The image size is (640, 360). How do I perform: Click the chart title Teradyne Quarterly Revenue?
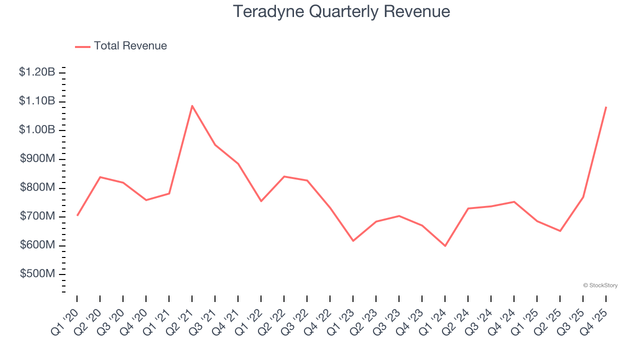click(x=341, y=11)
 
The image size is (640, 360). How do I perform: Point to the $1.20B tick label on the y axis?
click(x=37, y=72)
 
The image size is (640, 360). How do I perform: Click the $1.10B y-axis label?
click(x=37, y=101)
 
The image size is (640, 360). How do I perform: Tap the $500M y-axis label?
click(x=37, y=274)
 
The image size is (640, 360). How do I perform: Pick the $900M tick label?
click(x=37, y=159)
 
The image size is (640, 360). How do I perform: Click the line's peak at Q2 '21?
click(x=192, y=105)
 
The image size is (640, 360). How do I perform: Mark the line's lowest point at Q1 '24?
click(x=445, y=246)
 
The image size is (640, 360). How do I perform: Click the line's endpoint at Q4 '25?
click(x=606, y=107)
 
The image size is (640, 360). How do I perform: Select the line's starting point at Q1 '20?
click(x=77, y=215)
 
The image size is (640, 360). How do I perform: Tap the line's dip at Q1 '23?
click(x=353, y=241)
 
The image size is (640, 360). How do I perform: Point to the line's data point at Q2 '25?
click(x=560, y=231)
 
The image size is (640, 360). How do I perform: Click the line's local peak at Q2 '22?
click(x=284, y=176)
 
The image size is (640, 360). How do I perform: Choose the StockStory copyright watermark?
click(x=600, y=285)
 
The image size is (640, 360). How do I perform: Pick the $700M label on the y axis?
click(x=37, y=216)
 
